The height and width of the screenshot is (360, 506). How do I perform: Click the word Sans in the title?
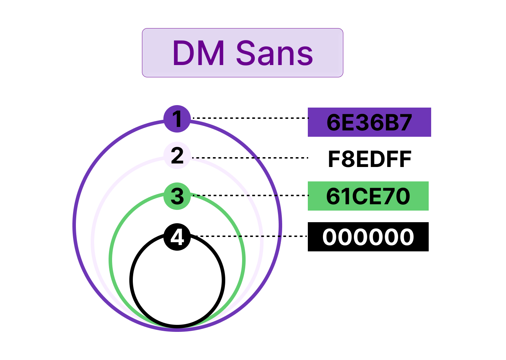point(274,53)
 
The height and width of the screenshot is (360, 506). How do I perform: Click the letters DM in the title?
point(199,53)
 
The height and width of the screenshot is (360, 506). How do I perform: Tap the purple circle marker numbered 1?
point(177,118)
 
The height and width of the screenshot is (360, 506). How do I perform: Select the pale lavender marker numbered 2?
point(177,155)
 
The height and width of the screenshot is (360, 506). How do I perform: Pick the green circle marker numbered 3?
point(177,196)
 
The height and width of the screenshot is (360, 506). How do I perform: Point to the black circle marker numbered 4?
point(177,237)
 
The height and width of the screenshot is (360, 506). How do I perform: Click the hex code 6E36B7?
point(369,122)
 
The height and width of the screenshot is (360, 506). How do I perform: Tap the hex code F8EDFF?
point(370,159)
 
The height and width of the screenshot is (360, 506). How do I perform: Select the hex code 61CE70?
point(368,196)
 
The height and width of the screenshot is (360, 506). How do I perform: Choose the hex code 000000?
point(368,237)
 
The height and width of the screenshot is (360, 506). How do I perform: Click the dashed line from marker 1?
point(250,118)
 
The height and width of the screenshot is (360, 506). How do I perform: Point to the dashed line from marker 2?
point(250,158)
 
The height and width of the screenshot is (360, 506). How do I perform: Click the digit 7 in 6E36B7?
point(405,122)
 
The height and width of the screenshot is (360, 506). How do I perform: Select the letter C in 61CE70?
point(361,196)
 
